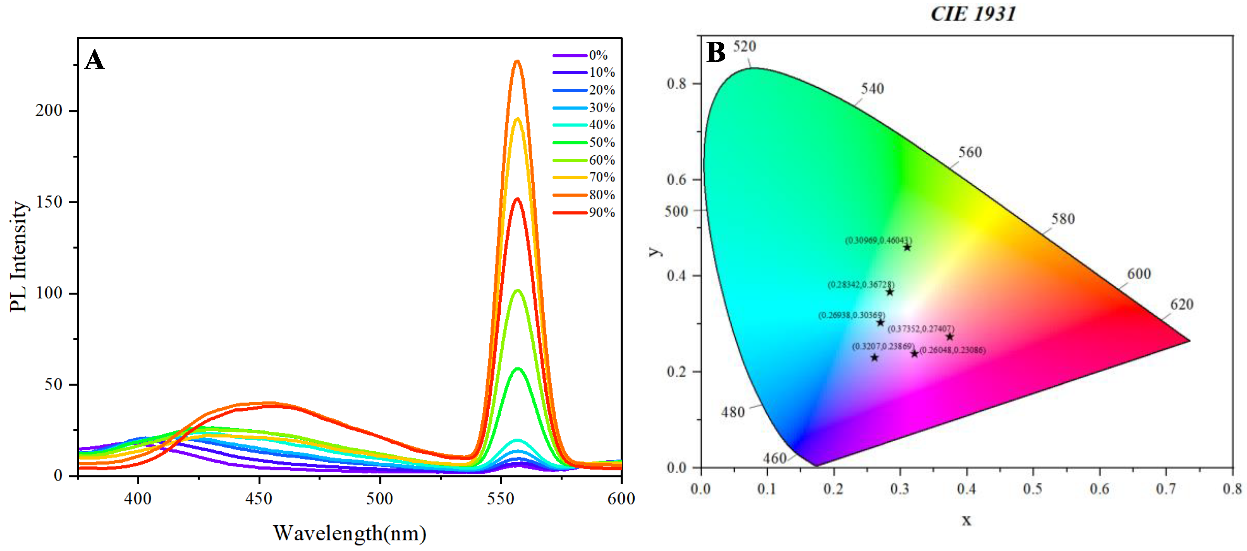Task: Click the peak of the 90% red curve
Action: coord(517,199)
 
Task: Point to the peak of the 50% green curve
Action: coord(518,368)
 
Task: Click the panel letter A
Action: coord(94,60)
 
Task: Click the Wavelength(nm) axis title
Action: coord(349,533)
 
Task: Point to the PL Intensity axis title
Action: coord(19,257)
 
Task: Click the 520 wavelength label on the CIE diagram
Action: coord(744,46)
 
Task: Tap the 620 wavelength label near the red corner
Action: coord(1182,305)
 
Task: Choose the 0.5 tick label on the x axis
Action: coord(1033,489)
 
